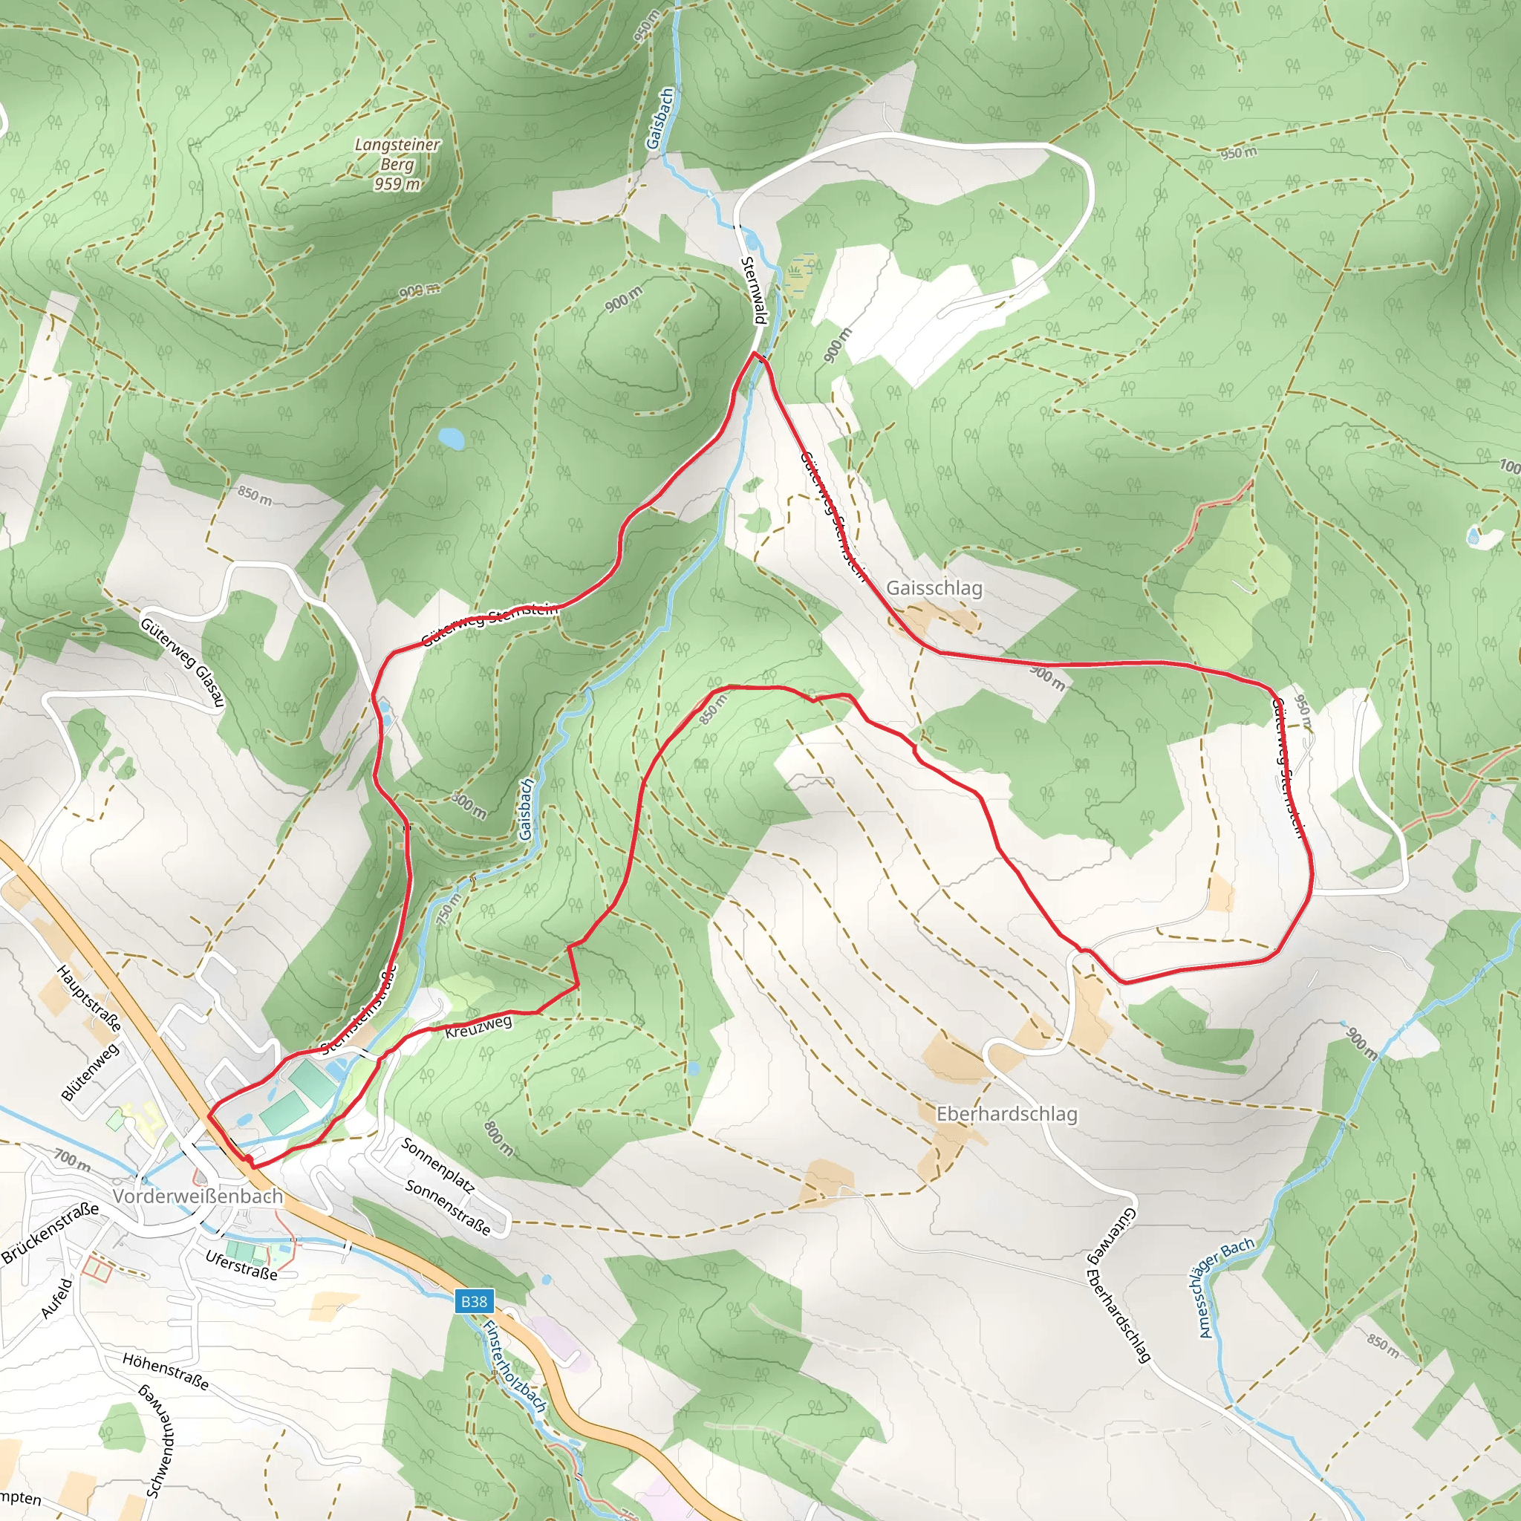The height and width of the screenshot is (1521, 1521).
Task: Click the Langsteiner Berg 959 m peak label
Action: tap(397, 163)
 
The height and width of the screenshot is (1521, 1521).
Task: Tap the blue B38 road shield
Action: tap(473, 1301)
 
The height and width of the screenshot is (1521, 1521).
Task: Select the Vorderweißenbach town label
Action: tap(198, 1196)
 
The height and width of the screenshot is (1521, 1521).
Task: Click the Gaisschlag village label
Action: tap(934, 588)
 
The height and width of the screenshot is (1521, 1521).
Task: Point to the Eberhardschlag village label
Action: tap(1006, 1114)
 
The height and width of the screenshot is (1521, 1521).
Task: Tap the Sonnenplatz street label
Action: tap(437, 1166)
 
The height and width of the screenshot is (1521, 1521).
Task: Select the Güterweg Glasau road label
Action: tap(183, 662)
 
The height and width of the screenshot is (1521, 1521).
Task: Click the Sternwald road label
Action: tap(752, 290)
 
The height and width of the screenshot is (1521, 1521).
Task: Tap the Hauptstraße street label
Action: tap(90, 998)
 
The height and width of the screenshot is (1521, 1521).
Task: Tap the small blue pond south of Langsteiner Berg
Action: tap(451, 438)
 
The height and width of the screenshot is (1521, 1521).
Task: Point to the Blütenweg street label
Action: tap(91, 1072)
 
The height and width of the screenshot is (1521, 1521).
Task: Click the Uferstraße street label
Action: tap(241, 1265)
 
